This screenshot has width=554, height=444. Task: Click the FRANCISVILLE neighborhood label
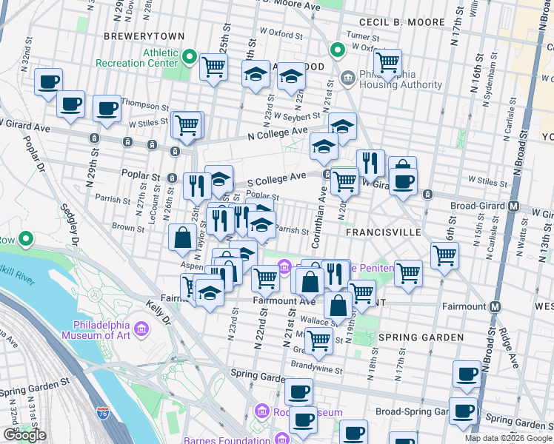383,232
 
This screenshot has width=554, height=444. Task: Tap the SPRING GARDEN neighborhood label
421,337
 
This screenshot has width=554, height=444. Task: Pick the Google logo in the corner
24,435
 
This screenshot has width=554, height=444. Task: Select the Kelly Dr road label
158,313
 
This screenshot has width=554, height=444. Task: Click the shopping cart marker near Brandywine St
318,340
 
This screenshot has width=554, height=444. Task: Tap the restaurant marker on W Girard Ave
370,163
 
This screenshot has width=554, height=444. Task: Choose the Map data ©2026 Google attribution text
508,438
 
